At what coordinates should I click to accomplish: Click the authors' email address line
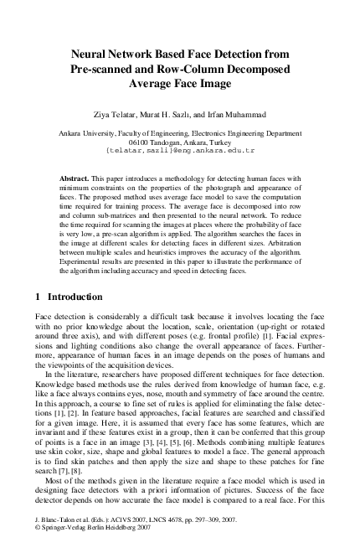(179, 152)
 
